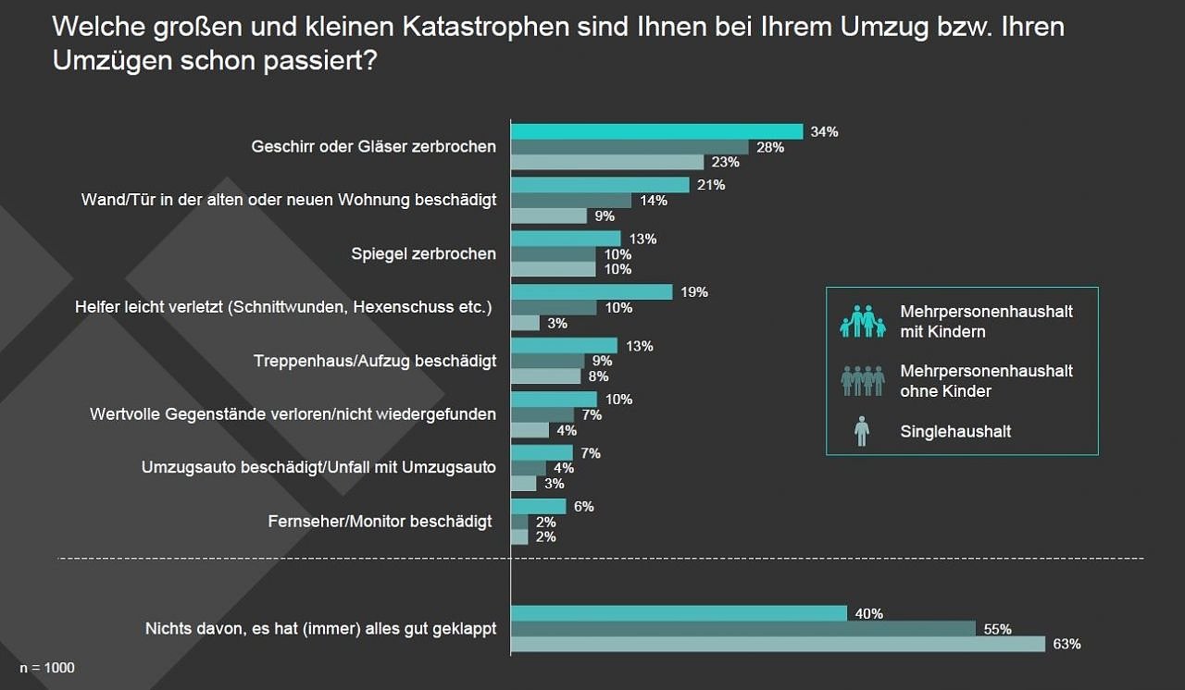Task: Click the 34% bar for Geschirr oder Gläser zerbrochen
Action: [656, 131]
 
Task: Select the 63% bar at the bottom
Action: [778, 644]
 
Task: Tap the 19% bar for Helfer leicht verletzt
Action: [592, 292]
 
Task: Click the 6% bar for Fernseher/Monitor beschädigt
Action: [538, 507]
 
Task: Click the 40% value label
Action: [869, 614]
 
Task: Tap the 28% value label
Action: [770, 147]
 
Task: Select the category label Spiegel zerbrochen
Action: [424, 253]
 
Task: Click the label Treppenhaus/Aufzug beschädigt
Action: [375, 361]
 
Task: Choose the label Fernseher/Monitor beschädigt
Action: [380, 522]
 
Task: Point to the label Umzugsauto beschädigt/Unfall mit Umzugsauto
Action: [318, 468]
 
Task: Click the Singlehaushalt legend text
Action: [955, 431]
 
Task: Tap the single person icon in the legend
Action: [862, 431]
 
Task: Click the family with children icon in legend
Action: [862, 321]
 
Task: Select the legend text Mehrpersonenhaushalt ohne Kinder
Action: [986, 380]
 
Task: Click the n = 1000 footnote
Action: [47, 668]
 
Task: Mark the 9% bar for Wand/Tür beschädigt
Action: [549, 216]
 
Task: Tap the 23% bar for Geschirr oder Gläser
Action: [607, 162]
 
